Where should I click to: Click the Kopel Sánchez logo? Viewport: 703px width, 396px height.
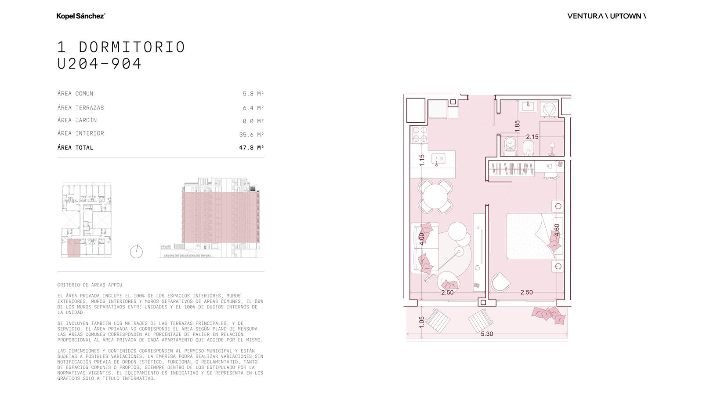[81, 16]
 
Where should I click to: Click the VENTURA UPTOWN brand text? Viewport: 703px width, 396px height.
[607, 16]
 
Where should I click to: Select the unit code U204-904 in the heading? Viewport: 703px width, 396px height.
[99, 63]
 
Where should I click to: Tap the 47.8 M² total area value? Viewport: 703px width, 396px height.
[251, 147]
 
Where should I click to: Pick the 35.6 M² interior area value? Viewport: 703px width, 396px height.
[251, 135]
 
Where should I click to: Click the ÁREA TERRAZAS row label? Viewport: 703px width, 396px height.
[81, 107]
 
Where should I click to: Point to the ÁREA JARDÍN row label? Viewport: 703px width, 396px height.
[77, 120]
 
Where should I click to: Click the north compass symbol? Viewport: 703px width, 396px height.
[136, 251]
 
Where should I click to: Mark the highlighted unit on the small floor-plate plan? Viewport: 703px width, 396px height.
[74, 248]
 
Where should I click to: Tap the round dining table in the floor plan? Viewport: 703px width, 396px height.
[435, 196]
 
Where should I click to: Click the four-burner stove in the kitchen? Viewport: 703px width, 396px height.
[420, 135]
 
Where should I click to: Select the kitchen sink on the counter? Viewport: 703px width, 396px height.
[438, 159]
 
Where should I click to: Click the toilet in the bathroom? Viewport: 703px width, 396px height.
[510, 146]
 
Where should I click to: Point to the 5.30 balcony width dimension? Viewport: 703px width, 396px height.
[487, 334]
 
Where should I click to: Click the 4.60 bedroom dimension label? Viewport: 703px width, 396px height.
[557, 230]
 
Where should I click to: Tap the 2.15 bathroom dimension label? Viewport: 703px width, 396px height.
[532, 137]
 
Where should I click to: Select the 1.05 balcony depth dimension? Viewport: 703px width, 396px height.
[421, 322]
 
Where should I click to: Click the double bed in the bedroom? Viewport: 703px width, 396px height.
[535, 236]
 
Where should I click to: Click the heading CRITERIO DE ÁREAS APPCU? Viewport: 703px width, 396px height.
[90, 285]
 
